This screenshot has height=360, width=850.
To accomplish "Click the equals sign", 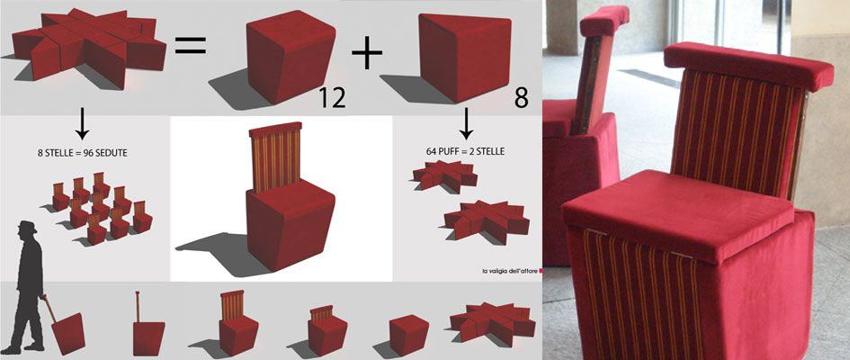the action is click(x=190, y=45).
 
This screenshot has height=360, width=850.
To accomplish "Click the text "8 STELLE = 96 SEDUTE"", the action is click(x=83, y=153).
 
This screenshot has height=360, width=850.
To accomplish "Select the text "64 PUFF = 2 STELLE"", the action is click(x=465, y=152).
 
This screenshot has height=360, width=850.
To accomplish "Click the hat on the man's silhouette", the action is click(x=27, y=227).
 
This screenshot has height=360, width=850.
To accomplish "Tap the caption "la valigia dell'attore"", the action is click(x=507, y=271).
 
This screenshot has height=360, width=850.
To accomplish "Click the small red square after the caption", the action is click(x=538, y=271).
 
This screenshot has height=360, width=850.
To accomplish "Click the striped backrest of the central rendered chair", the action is click(x=274, y=159).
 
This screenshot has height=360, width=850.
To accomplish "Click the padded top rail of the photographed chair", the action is click(x=748, y=65).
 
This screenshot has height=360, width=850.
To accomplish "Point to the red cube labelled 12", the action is click(x=290, y=57).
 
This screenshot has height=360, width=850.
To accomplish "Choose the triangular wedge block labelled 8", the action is click(x=465, y=57).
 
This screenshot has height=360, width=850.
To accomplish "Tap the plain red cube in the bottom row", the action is click(x=408, y=335).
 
